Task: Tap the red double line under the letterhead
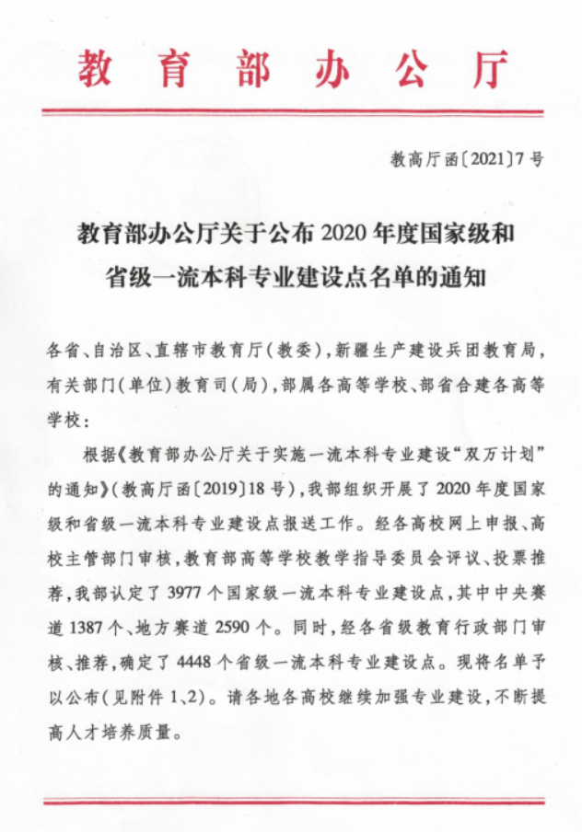291,113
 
